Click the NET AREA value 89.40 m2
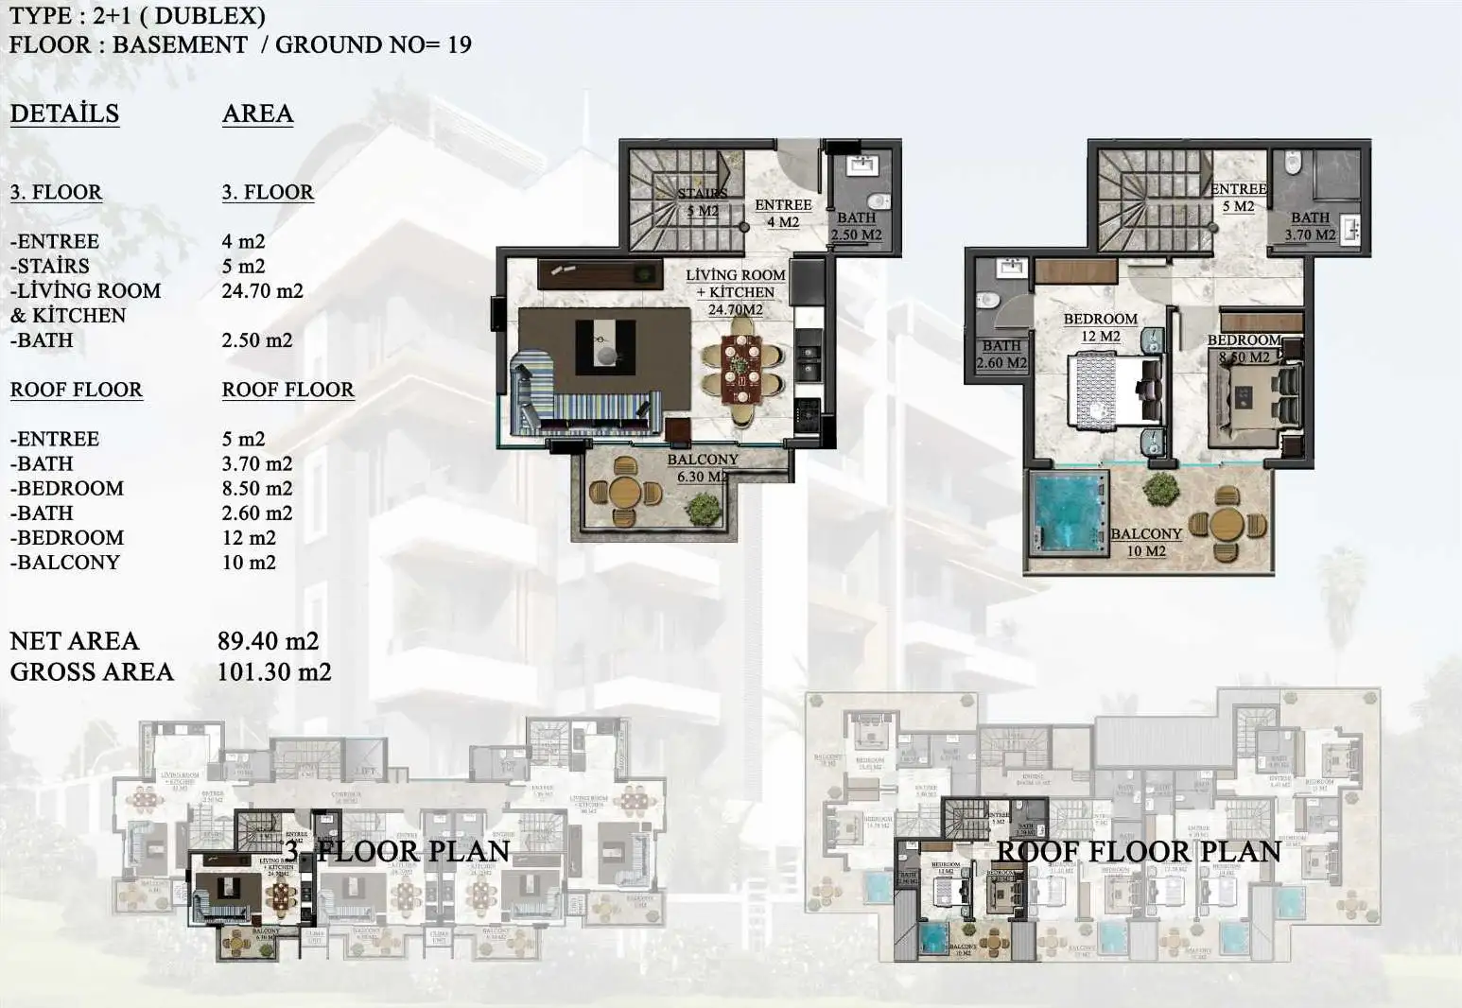pos(268,641)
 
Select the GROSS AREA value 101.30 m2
pos(274,672)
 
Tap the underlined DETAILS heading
pos(64,113)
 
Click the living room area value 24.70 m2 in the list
pos(262,291)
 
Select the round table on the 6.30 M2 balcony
pos(625,492)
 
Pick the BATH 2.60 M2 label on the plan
pos(1001,355)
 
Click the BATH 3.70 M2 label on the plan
pos(1310,226)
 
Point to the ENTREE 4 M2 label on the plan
pos(783,213)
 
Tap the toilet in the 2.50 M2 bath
pos(879,200)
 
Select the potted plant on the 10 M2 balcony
pos(1159,491)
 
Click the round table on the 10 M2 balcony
pos(1227,523)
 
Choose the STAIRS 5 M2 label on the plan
pos(703,202)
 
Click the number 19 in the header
pos(459,44)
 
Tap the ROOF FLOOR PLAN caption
pos(1139,851)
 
